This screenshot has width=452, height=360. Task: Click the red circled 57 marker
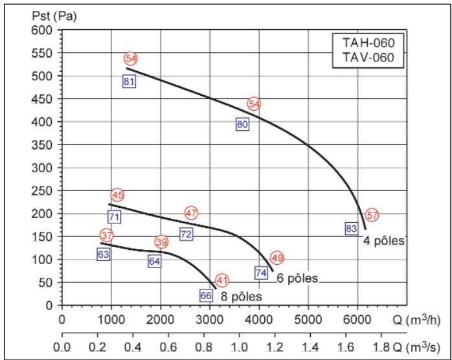point(372,215)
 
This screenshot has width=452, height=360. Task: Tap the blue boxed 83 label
point(352,229)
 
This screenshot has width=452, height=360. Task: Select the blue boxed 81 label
point(129,82)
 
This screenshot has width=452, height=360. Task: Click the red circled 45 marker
point(118,195)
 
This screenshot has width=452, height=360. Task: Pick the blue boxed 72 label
point(186,234)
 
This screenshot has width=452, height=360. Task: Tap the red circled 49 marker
point(277,258)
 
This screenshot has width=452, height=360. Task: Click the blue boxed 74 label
point(261,273)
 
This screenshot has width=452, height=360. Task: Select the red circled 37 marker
point(107,236)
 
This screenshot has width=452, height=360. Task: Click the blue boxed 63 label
point(104,254)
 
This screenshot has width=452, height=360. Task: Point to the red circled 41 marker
point(222,280)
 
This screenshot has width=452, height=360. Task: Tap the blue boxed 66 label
point(207,295)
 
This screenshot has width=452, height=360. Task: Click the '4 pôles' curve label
point(383,241)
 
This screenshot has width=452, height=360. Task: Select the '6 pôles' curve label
point(297,278)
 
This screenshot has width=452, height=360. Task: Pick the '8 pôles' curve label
point(242,297)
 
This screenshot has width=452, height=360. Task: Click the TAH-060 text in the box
point(368,43)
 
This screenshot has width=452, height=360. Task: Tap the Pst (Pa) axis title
point(54,16)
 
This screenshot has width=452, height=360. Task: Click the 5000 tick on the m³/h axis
point(308,320)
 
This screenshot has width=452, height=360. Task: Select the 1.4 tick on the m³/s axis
point(311,347)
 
